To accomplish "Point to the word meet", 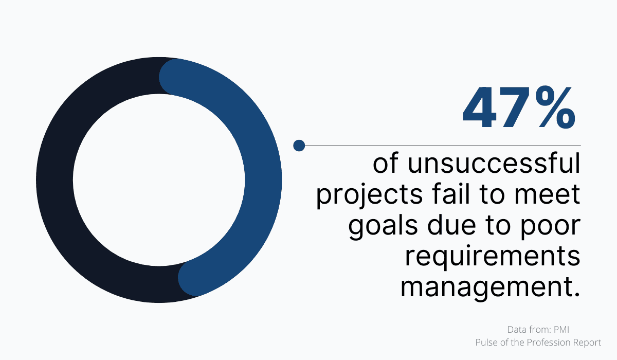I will pyautogui.click(x=550, y=196).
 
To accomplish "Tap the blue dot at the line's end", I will pyautogui.click(x=299, y=146).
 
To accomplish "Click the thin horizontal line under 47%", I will pyautogui.click(x=442, y=146).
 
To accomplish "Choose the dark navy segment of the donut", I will pyautogui.click(x=57, y=180).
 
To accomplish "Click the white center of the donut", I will pyautogui.click(x=159, y=180).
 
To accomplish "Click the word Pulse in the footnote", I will pyautogui.click(x=486, y=341).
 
